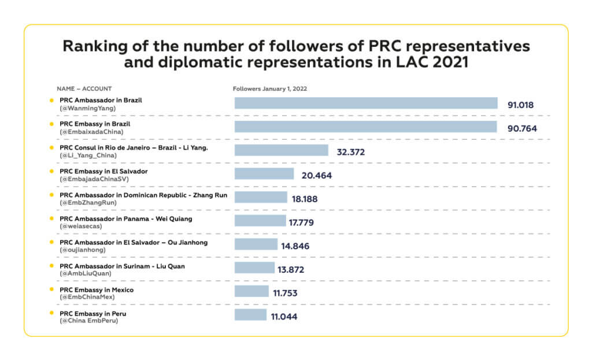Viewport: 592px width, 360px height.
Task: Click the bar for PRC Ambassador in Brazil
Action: tap(366, 103)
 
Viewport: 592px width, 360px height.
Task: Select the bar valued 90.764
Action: tap(365, 127)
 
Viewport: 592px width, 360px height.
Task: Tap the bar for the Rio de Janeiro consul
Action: tap(281, 150)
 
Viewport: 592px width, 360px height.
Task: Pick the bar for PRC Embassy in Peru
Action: tap(250, 314)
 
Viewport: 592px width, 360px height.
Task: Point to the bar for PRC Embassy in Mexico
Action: tap(251, 291)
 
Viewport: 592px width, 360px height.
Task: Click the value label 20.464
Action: tap(316, 176)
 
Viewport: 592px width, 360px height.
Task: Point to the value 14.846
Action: tap(295, 246)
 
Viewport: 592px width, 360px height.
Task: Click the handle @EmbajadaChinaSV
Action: tap(94, 179)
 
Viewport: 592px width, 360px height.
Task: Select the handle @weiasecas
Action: tap(81, 227)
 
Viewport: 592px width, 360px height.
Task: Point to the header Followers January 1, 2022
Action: tap(269, 89)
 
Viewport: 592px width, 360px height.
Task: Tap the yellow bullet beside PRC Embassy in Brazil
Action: tap(52, 124)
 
